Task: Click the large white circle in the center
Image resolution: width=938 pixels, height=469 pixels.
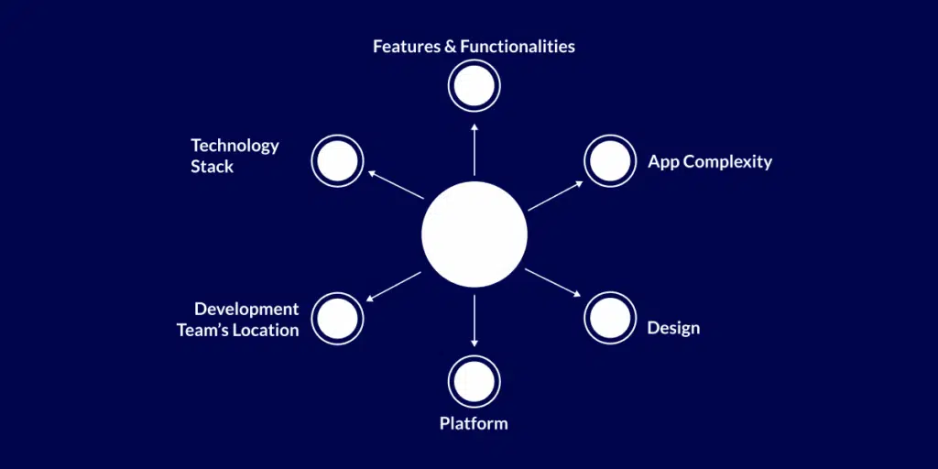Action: point(474,234)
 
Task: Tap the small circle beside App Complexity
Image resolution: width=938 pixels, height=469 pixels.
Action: point(610,161)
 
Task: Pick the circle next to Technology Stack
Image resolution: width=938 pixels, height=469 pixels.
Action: point(338,161)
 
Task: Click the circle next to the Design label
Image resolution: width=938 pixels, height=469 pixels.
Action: point(610,318)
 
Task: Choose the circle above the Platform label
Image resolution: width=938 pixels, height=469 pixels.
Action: point(474,381)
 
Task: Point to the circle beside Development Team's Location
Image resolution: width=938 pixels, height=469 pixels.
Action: point(338,318)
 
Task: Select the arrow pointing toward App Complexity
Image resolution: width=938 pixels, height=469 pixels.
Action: point(555,195)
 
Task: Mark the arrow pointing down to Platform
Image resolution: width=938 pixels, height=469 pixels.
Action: point(474,321)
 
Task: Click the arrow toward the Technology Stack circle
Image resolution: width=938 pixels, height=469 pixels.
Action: point(395,184)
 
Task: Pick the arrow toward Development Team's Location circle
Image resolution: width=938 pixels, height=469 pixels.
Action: point(394,286)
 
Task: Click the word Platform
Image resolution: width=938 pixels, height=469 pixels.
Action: point(474,423)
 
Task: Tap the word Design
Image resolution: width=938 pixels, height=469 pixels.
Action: point(673,328)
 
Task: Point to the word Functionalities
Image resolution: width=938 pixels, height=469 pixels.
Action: point(518,46)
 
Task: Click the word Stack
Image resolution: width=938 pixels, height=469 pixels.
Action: point(213,167)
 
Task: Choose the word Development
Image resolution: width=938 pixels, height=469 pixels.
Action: point(246,310)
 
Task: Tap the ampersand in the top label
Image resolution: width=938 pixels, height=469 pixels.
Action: point(450,46)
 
